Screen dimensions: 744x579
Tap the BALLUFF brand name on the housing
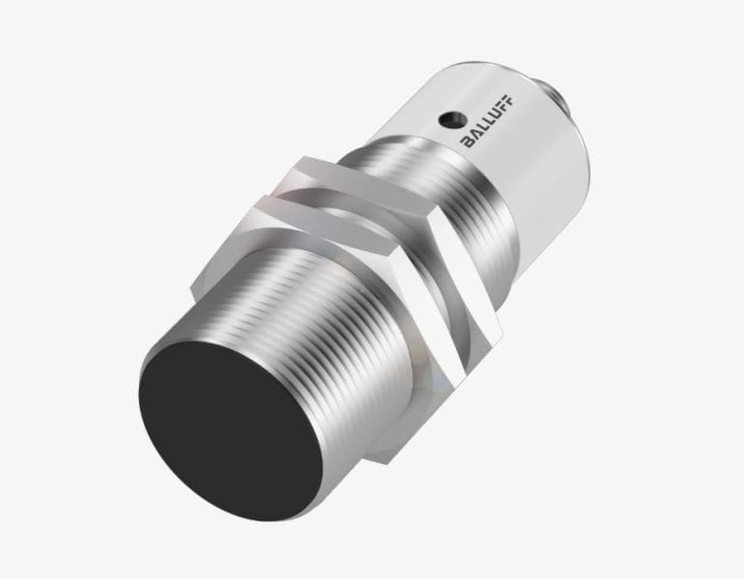[x=488, y=121]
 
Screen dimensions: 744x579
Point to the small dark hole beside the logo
[x=448, y=119]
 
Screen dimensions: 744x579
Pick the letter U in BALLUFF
[x=495, y=114]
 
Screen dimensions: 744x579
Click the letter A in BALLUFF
[x=476, y=133]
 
